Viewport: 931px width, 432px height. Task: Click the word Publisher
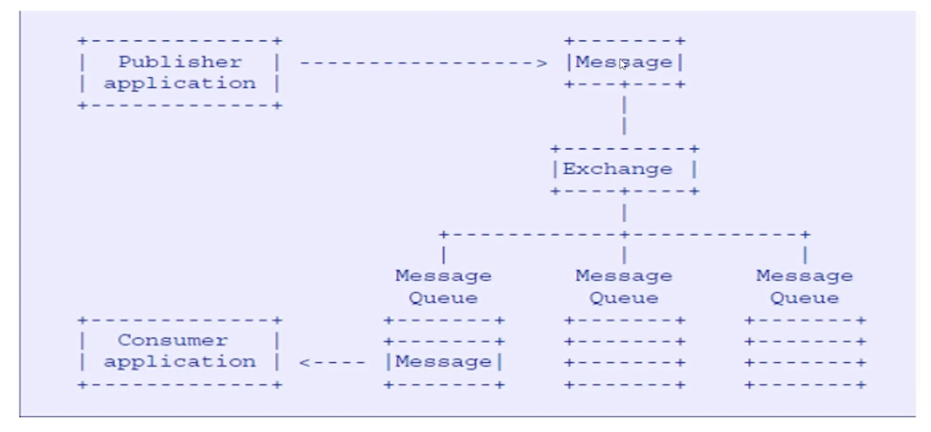pyautogui.click(x=180, y=62)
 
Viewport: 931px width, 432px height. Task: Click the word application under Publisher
pyautogui.click(x=180, y=83)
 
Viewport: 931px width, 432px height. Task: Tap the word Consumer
pyautogui.click(x=173, y=340)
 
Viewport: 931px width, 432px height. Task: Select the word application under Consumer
pyautogui.click(x=180, y=362)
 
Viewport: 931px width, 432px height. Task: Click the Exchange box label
pyautogui.click(x=618, y=169)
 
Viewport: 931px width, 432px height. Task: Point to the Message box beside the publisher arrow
pyautogui.click(x=624, y=62)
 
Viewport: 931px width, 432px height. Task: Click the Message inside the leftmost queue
pyautogui.click(x=443, y=362)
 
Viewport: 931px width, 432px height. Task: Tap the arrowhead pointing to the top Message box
pyautogui.click(x=542, y=63)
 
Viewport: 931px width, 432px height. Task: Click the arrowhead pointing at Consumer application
pyautogui.click(x=305, y=362)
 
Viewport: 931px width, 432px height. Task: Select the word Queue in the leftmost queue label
pyautogui.click(x=443, y=298)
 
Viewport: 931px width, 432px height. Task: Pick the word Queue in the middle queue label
pyautogui.click(x=624, y=298)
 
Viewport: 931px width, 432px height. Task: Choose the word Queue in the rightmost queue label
pyautogui.click(x=805, y=298)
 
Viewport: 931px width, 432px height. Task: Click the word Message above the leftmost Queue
pyautogui.click(x=443, y=276)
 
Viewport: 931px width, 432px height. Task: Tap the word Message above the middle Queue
pyautogui.click(x=624, y=276)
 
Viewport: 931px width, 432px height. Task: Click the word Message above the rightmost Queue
pyautogui.click(x=805, y=276)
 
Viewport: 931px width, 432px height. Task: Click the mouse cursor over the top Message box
pyautogui.click(x=623, y=64)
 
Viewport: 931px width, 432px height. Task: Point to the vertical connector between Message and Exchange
pyautogui.click(x=625, y=116)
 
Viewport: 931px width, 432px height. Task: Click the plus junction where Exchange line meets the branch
pyautogui.click(x=625, y=235)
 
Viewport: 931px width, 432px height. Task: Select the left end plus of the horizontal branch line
pyautogui.click(x=444, y=235)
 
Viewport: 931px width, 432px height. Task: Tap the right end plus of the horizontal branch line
pyautogui.click(x=805, y=235)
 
